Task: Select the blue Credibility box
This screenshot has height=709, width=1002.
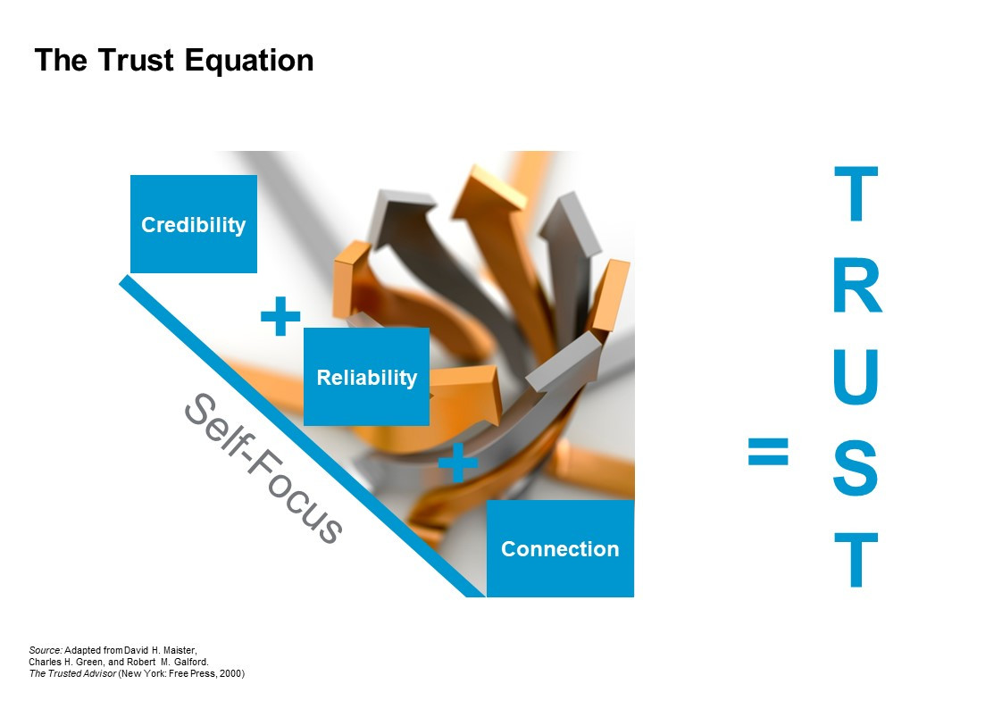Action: [x=194, y=224]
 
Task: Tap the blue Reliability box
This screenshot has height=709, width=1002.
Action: [x=366, y=377]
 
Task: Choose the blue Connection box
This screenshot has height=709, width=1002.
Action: [x=560, y=548]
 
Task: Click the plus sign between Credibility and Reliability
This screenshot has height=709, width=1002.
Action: [x=280, y=317]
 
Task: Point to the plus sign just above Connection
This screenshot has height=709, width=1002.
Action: [x=458, y=463]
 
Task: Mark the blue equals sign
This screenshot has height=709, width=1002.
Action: [x=768, y=452]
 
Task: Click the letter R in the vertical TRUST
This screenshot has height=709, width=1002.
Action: [x=856, y=288]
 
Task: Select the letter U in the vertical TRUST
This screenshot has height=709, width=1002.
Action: [x=856, y=375]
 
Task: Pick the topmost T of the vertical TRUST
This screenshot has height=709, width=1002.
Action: [x=856, y=195]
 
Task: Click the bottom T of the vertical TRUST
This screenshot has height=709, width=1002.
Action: [x=856, y=560]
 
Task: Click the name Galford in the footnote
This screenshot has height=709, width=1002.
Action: [x=190, y=662]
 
